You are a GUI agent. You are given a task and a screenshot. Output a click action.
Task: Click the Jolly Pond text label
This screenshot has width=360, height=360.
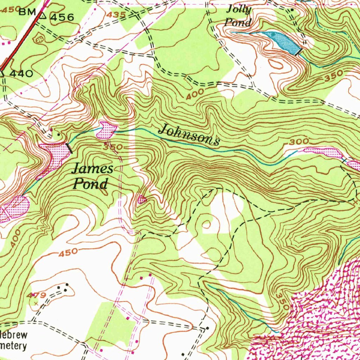(x=239, y=16)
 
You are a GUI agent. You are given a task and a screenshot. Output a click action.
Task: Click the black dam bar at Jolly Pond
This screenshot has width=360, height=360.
(x=299, y=52)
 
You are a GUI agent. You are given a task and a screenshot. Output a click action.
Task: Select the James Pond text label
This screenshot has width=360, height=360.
(x=92, y=176)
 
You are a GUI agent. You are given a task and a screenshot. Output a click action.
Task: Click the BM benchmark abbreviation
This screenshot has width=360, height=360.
(x=27, y=13)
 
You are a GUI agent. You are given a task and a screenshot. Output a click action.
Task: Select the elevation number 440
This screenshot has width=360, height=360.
(x=21, y=74)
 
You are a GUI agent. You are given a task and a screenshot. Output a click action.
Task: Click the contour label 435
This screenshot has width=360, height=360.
(x=117, y=15)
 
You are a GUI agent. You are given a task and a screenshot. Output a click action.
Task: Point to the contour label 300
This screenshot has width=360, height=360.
(x=299, y=142)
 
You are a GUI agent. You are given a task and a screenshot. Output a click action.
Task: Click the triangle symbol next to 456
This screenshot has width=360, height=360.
(x=43, y=15)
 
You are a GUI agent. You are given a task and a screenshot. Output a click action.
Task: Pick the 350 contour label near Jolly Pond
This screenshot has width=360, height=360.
(x=334, y=75)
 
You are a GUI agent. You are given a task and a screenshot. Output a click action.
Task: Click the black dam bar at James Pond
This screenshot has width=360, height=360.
(x=70, y=148)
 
